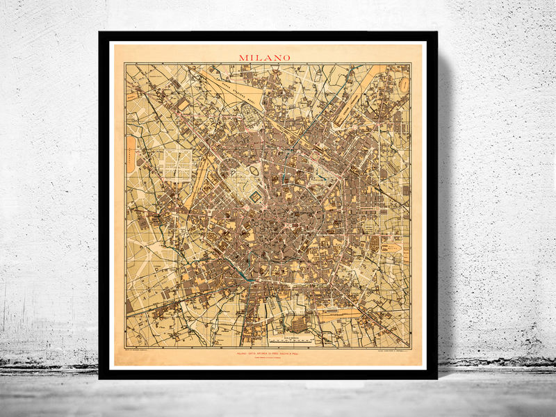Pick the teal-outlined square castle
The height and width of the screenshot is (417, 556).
pyautogui.click(x=255, y=197)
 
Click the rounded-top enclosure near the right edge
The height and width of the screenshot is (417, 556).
pyautogui.click(x=393, y=246)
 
